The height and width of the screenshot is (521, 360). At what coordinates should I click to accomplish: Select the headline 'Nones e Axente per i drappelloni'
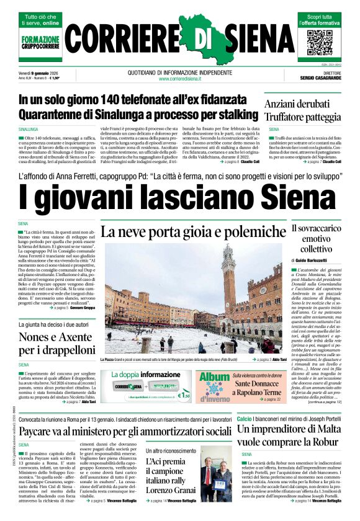[55, 343]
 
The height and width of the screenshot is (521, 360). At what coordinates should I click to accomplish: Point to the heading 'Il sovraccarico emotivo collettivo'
[316, 239]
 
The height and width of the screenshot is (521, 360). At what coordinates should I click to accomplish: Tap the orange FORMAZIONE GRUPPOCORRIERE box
[40, 42]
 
